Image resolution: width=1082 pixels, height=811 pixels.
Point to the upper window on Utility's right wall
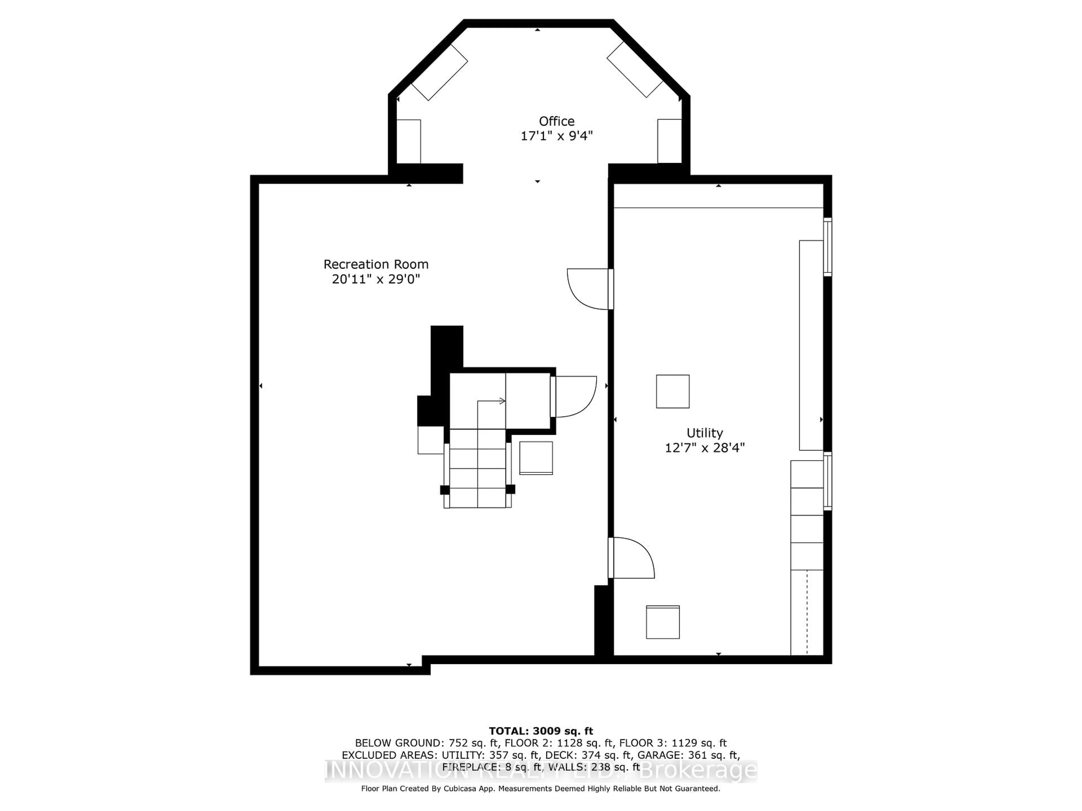827,247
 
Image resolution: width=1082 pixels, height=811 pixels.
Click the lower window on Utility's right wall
827,482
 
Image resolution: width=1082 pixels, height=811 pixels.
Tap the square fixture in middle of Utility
673,392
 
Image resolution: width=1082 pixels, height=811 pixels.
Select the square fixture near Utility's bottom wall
663,622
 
